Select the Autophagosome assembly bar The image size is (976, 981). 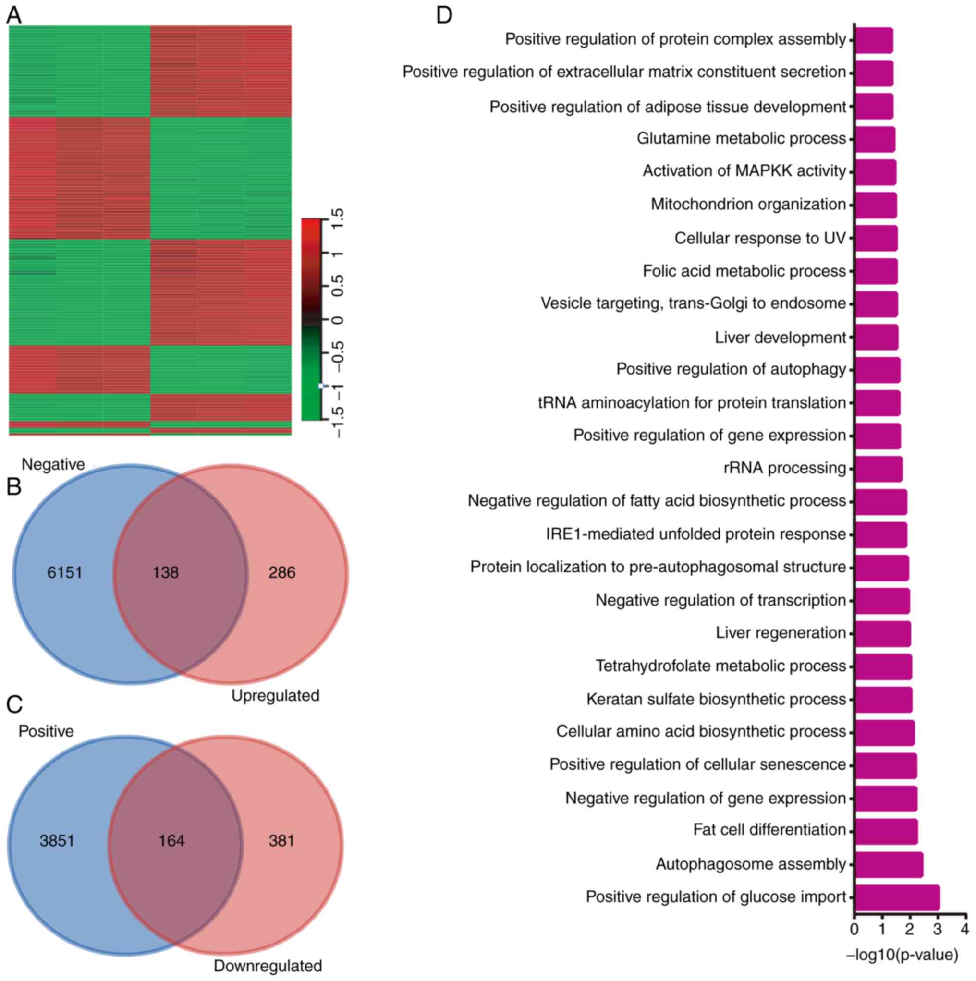point(889,864)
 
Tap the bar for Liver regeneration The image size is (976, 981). point(882,633)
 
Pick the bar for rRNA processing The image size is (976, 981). point(878,468)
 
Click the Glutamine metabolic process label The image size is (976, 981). point(741,138)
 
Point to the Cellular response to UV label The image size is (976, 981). point(760,238)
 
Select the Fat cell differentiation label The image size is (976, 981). point(769,830)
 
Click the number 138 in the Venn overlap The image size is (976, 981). point(166,573)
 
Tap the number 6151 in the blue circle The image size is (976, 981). point(64,573)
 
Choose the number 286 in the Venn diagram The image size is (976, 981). point(282,573)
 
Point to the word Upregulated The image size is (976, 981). point(275,695)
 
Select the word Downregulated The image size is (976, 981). point(268,965)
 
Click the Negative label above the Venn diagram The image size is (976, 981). point(53,464)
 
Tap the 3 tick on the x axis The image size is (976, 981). point(938,929)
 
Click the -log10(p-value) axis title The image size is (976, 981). point(902,955)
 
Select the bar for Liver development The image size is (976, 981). point(876,337)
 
